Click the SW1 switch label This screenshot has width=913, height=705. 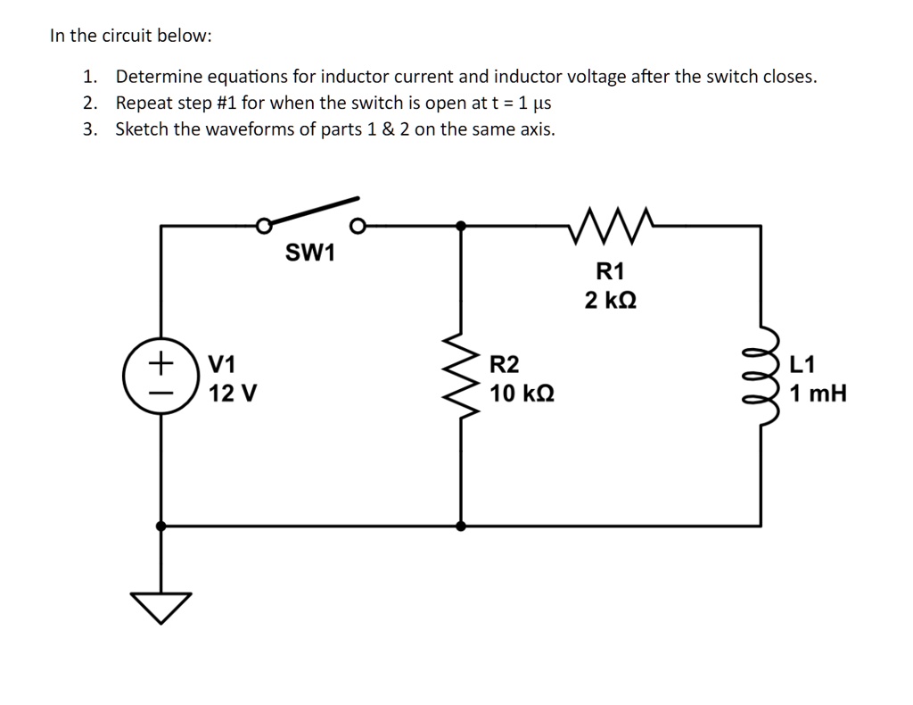tap(309, 253)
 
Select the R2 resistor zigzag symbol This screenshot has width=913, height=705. tap(461, 378)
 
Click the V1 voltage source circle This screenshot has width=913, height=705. tap(160, 378)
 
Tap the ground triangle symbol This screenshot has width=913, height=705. tap(161, 605)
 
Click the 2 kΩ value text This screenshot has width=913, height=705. tap(611, 301)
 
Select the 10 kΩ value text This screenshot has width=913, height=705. tap(522, 393)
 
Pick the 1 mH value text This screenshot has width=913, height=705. tap(818, 393)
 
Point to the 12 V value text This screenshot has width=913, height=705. tap(233, 393)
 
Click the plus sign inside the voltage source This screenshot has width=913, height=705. tap(160, 364)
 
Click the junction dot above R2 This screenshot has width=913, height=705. tap(461, 227)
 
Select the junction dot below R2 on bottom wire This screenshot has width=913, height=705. tap(461, 527)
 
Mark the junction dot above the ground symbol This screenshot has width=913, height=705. tap(161, 527)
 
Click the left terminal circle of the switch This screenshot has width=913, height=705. tap(263, 227)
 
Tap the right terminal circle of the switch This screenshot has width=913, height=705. tap(358, 227)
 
